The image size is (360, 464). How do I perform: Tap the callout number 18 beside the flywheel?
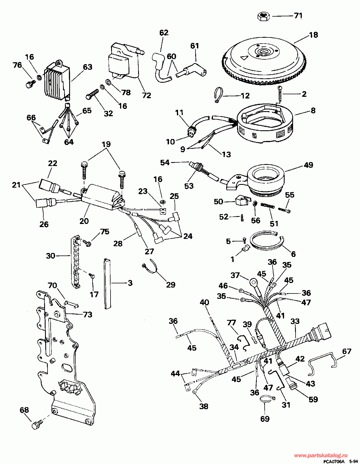pyautogui.click(x=313, y=35)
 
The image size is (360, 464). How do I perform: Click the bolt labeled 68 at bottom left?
pyautogui.click(x=37, y=424)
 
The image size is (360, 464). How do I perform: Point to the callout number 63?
pyautogui.click(x=87, y=67)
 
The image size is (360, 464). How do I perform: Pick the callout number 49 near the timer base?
pyautogui.click(x=308, y=165)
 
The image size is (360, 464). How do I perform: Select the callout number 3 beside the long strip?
pyautogui.click(x=130, y=283)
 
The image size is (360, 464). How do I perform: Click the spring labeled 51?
pyautogui.click(x=267, y=206)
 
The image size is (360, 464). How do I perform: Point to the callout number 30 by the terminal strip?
pyautogui.click(x=51, y=256)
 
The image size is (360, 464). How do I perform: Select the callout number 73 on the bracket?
pyautogui.click(x=87, y=314)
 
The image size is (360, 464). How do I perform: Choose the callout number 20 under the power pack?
pyautogui.click(x=84, y=221)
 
